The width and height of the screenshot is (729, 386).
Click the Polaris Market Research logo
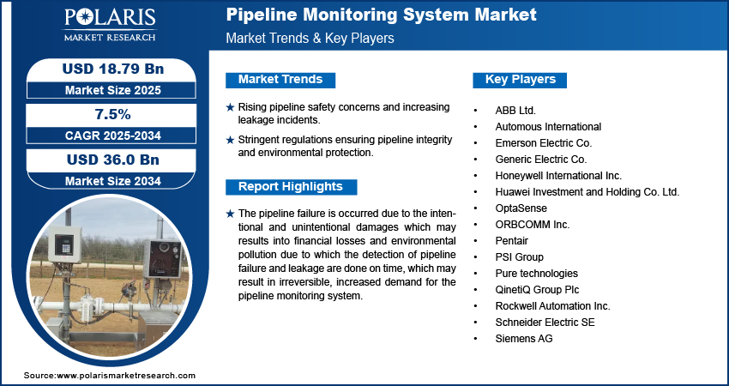click(110, 25)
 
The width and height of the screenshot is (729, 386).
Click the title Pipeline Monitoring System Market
click(382, 15)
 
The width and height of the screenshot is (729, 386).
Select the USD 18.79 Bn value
click(113, 69)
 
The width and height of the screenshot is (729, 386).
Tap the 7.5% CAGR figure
click(112, 114)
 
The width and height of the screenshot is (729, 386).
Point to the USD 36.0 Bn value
click(113, 160)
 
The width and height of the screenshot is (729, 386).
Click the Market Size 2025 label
click(113, 90)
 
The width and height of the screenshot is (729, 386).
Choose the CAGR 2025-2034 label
click(113, 136)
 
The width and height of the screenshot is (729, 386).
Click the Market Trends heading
click(280, 80)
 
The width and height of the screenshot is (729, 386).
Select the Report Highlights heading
click(291, 187)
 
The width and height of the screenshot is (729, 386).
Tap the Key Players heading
click(521, 80)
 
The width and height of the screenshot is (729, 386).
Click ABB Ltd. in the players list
click(515, 111)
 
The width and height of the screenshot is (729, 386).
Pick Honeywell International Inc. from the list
click(558, 176)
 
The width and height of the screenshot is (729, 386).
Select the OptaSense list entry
click(521, 208)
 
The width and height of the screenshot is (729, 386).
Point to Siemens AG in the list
click(524, 339)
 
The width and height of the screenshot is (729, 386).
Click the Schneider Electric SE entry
click(545, 323)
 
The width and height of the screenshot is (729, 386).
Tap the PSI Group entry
click(520, 257)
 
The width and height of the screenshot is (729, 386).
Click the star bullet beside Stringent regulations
click(230, 140)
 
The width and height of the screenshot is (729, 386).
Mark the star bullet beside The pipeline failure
click(230, 214)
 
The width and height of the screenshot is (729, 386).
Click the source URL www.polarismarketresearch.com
click(126, 376)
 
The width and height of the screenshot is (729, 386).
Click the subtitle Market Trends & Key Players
click(310, 38)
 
